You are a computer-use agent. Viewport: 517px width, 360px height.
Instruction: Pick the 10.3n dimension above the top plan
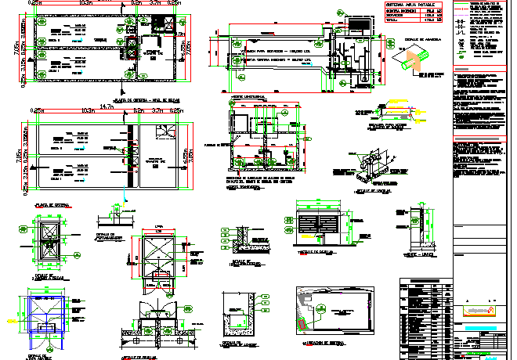click(x=85, y=3)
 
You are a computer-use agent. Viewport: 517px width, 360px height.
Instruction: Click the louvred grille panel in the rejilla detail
click(x=320, y=221)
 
